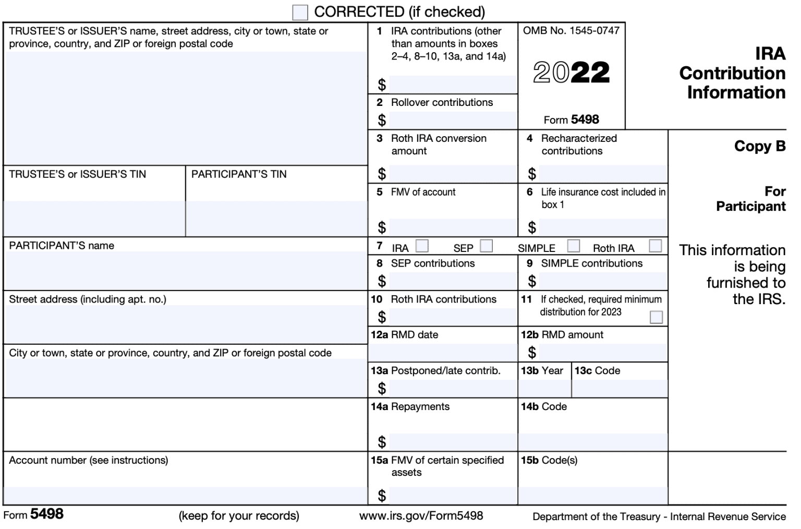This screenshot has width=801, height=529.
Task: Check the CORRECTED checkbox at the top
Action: (x=300, y=12)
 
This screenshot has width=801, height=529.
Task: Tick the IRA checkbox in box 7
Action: (x=422, y=246)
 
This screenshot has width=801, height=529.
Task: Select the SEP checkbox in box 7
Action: (x=486, y=246)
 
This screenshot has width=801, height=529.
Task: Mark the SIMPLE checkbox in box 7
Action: (x=573, y=246)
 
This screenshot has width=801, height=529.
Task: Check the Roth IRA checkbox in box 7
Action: (x=656, y=246)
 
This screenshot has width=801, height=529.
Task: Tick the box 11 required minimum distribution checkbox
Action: (x=656, y=317)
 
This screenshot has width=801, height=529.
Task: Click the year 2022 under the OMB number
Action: (x=571, y=73)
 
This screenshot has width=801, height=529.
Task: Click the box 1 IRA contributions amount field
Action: (x=453, y=85)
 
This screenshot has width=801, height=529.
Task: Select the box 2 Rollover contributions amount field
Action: (x=453, y=121)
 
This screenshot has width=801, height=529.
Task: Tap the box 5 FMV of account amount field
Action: (x=453, y=227)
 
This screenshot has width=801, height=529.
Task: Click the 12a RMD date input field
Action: (x=443, y=353)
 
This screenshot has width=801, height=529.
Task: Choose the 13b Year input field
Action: (x=545, y=389)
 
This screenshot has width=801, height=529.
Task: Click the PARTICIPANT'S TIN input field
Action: (x=276, y=219)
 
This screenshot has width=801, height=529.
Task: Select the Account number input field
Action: (x=185, y=495)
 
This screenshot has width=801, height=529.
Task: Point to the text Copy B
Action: (x=759, y=146)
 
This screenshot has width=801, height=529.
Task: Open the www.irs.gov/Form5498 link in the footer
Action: (x=421, y=516)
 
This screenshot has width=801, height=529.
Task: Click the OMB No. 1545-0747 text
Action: (x=571, y=31)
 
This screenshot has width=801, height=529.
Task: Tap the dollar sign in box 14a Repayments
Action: (x=382, y=442)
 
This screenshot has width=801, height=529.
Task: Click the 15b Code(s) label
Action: (x=549, y=460)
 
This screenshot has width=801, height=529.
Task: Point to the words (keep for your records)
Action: (x=239, y=516)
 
